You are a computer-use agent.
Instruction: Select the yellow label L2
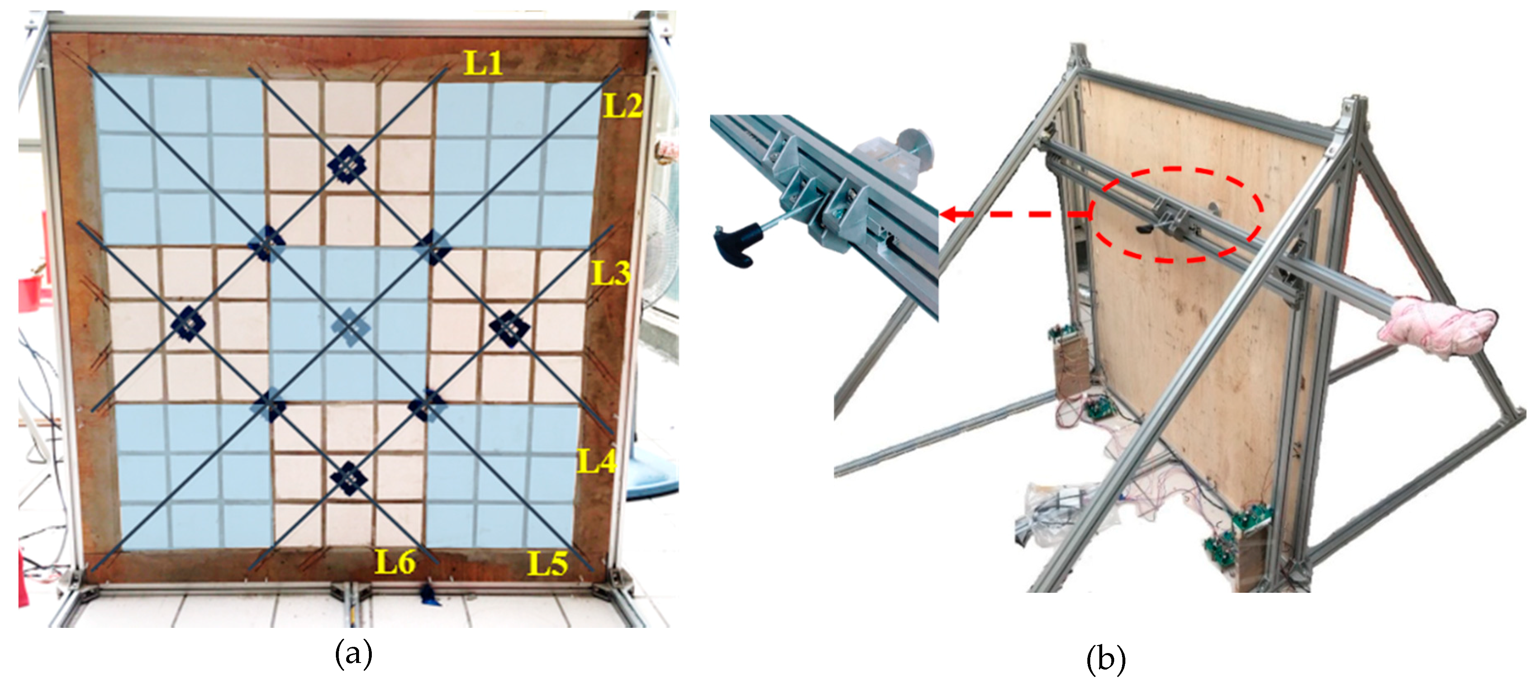[x=623, y=105]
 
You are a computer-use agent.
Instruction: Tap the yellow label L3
[x=611, y=272]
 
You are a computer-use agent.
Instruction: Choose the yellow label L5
[x=548, y=563]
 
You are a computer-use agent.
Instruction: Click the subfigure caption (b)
[x=1106, y=660]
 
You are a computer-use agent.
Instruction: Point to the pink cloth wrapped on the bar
[x=1438, y=327]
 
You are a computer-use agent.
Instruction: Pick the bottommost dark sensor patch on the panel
[x=349, y=478]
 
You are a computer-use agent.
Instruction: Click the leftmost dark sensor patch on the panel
[x=188, y=324]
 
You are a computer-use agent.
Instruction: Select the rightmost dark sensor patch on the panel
[x=510, y=328]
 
